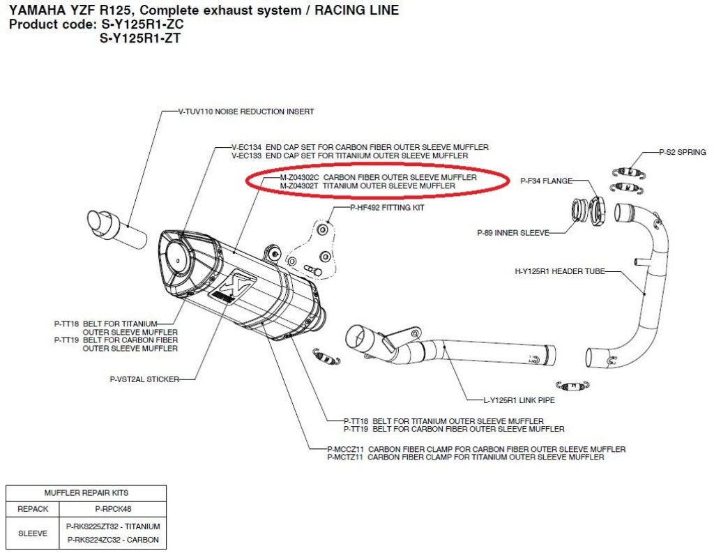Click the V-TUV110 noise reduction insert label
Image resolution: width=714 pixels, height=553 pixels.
point(237,112)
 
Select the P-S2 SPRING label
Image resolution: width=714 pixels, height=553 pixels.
point(683,152)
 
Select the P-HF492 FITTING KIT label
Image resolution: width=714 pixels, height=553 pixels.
point(387,207)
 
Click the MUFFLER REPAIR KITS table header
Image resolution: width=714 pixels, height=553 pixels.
point(86,493)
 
